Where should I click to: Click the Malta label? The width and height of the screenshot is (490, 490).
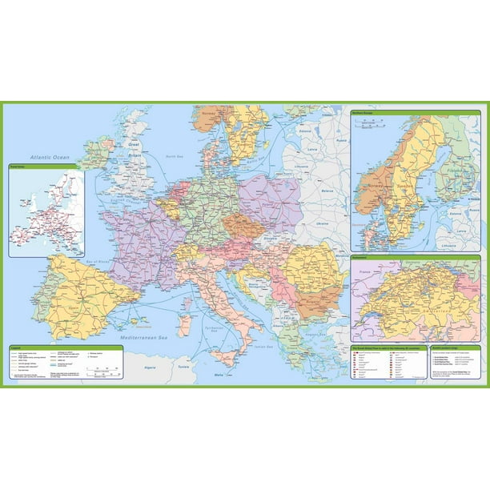click(x=219, y=374)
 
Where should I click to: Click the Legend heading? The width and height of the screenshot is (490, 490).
click(x=17, y=347)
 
